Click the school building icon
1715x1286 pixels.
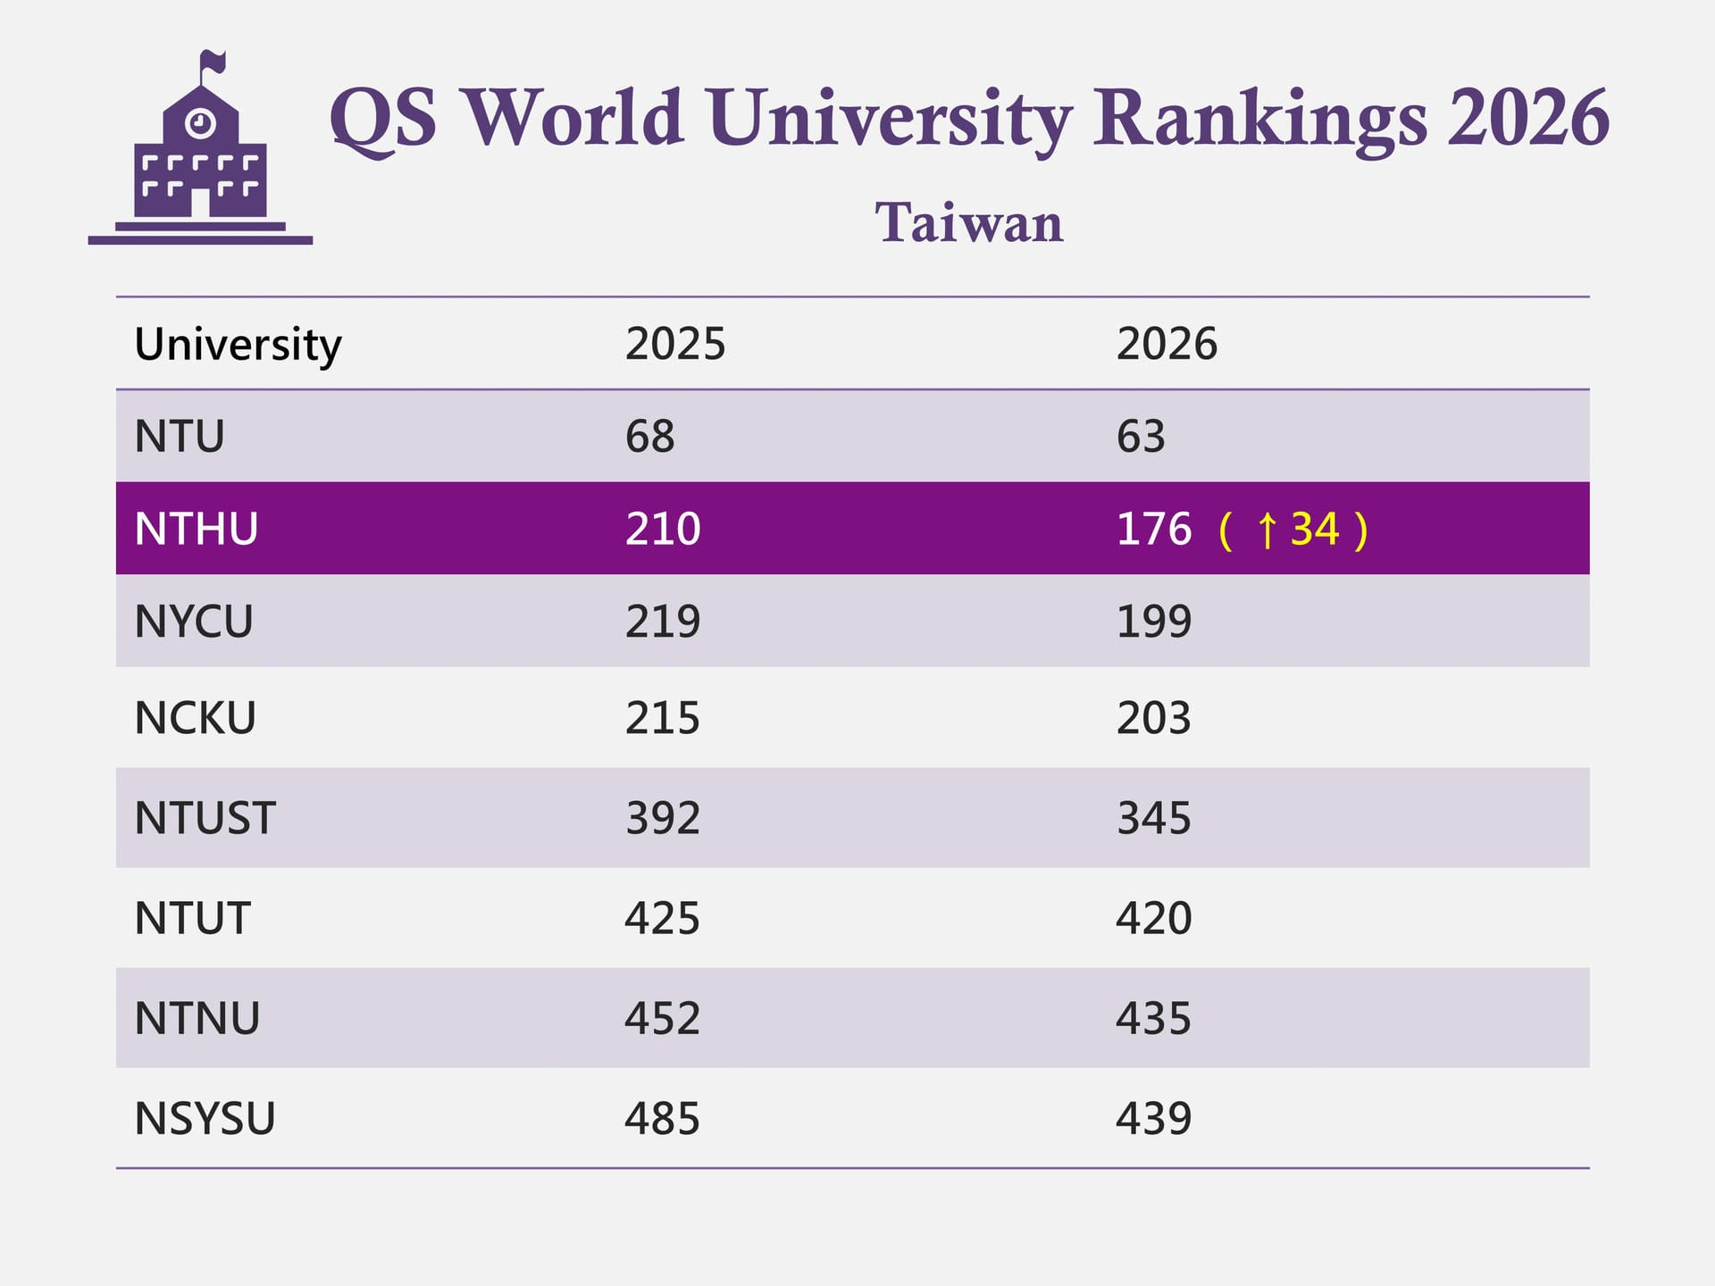point(200,161)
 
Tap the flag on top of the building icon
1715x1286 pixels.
point(213,63)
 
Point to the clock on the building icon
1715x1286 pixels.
point(200,122)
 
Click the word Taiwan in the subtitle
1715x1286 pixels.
point(969,222)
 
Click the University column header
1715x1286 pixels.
point(238,345)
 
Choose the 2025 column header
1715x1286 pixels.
point(675,345)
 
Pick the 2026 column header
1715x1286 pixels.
point(1167,345)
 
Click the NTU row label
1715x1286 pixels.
point(179,437)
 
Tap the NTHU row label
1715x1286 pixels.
point(197,529)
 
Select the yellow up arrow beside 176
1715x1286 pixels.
point(1267,530)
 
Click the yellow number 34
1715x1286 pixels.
point(1315,529)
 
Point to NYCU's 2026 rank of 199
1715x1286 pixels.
point(1154,622)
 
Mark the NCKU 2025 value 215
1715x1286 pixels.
point(663,718)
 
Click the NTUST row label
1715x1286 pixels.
point(205,818)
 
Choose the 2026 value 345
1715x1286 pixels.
point(1154,818)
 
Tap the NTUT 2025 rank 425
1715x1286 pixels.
point(663,918)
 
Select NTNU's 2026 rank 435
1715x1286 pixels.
point(1154,1018)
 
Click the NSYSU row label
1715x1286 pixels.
point(205,1118)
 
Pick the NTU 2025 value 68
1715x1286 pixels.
point(649,437)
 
